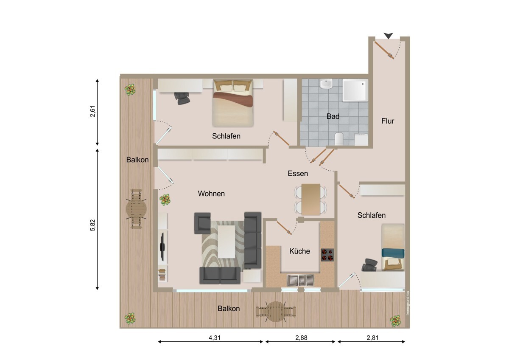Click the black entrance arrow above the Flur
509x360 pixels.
pyautogui.click(x=388, y=36)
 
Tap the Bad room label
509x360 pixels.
pyautogui.click(x=333, y=116)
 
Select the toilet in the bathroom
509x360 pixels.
pyautogui.click(x=339, y=138)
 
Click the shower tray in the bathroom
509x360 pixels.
pyautogui.click(x=355, y=91)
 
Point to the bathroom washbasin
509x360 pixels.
pyautogui.click(x=326, y=85)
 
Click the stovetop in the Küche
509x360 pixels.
pyautogui.click(x=327, y=254)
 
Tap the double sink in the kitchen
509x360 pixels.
pyautogui.click(x=300, y=280)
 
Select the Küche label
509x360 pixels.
pyautogui.click(x=299, y=251)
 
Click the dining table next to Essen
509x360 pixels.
pyautogui.click(x=310, y=199)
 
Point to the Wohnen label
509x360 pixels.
pyautogui.click(x=211, y=194)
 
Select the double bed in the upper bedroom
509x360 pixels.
pyautogui.click(x=232, y=103)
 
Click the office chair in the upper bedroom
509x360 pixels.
pyautogui.click(x=183, y=98)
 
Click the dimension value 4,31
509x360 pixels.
pyautogui.click(x=210, y=338)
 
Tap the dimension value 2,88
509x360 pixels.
pyautogui.click(x=301, y=338)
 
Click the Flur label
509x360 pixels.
pyautogui.click(x=388, y=121)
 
